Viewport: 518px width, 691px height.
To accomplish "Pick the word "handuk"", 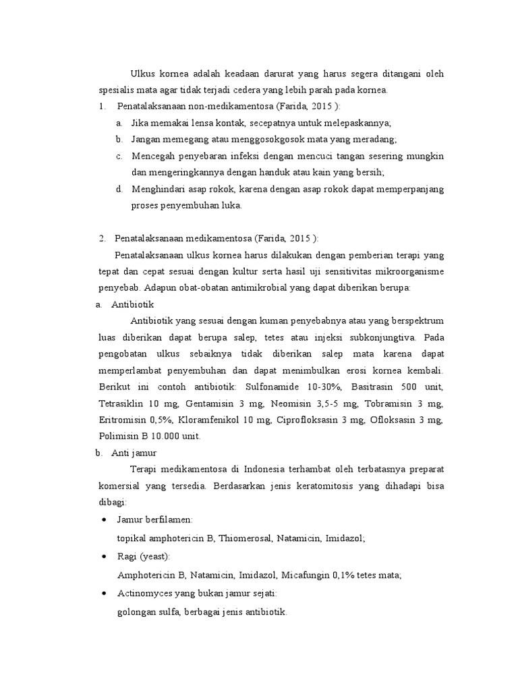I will pyautogui.click(x=272, y=172).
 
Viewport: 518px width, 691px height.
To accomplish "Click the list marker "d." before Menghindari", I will pyautogui.click(x=119, y=189).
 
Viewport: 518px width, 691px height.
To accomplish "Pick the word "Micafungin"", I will pyautogui.click(x=308, y=575).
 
